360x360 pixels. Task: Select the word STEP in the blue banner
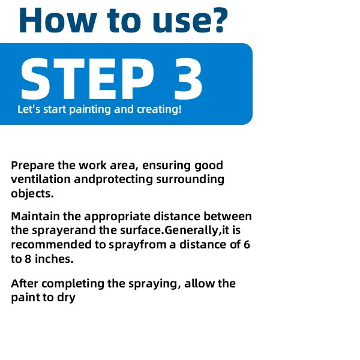[x=88, y=79]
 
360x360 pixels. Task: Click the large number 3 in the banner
[x=188, y=79]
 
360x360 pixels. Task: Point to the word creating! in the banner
[x=159, y=109]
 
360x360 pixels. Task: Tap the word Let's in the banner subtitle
[x=29, y=109]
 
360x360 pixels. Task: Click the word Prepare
[x=33, y=166]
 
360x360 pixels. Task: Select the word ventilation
[x=41, y=179]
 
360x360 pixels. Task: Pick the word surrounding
[x=190, y=180]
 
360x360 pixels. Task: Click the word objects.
[x=32, y=194]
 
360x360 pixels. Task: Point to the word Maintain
[x=35, y=216]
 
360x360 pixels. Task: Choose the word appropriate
[x=118, y=217]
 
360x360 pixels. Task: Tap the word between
[x=227, y=216]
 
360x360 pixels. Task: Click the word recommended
[x=52, y=245]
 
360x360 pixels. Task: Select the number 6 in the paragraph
[x=247, y=245]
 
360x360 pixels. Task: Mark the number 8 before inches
[x=28, y=259]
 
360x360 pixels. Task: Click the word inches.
[x=54, y=259]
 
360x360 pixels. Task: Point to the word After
[x=25, y=284]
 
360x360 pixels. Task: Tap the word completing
[x=73, y=284]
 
